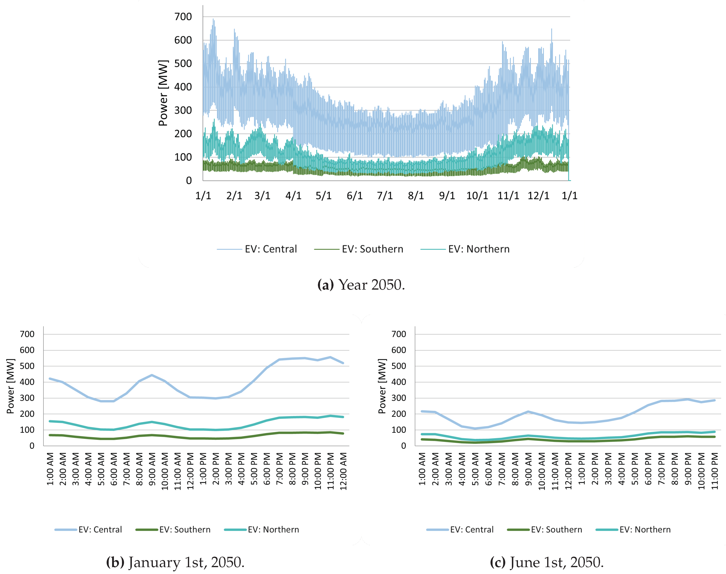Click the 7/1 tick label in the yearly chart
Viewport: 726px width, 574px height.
click(385, 196)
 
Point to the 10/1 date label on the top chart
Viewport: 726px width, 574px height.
click(477, 196)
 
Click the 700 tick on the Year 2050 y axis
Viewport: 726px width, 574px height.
click(183, 17)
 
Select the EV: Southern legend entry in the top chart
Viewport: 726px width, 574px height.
click(372, 249)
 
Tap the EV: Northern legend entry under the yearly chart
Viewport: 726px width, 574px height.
click(479, 249)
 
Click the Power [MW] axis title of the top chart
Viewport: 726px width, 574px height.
click(163, 93)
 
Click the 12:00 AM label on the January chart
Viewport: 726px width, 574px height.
click(343, 471)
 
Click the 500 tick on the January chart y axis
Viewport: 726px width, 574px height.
click(27, 366)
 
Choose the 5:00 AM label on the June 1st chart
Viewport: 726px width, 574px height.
click(475, 469)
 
